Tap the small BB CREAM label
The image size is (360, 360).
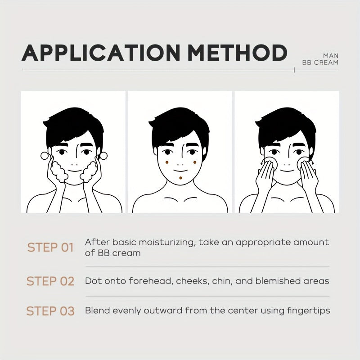point(320,63)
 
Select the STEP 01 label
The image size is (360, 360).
point(50,247)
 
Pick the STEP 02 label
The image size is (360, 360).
point(50,281)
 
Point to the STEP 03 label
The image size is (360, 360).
point(50,311)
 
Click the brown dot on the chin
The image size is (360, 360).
point(181,178)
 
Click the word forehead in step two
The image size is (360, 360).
point(151,281)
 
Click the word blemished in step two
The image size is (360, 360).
point(277,281)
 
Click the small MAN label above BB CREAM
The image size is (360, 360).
point(331,56)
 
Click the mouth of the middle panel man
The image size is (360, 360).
point(180,171)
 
